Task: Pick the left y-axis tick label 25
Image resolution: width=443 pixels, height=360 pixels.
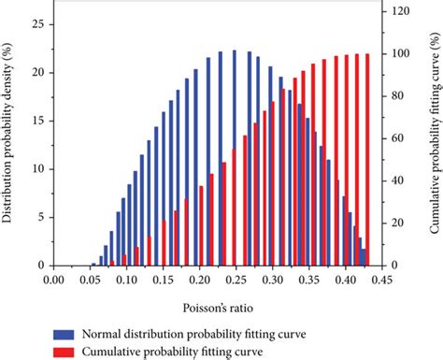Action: [x=36, y=24]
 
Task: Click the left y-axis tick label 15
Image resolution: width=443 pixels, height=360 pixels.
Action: [x=36, y=121]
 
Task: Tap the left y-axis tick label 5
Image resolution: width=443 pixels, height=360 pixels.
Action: [x=39, y=217]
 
